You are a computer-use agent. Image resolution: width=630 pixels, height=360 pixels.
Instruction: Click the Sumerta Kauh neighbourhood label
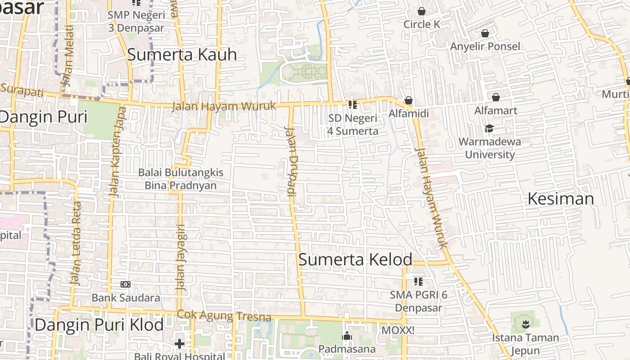pyautogui.click(x=182, y=54)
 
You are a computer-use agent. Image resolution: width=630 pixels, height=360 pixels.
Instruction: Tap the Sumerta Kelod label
pyautogui.click(x=355, y=260)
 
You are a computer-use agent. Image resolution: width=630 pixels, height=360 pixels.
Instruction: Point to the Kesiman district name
pyautogui.click(x=561, y=198)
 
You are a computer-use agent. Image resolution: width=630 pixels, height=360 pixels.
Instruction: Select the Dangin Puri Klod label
pyautogui.click(x=99, y=324)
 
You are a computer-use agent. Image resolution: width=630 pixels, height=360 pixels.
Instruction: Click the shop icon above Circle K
pyautogui.click(x=422, y=11)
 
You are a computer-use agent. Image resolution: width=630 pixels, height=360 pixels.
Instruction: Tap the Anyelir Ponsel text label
pyautogui.click(x=485, y=46)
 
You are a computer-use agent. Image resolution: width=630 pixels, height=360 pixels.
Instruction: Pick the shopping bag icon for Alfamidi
pyautogui.click(x=409, y=100)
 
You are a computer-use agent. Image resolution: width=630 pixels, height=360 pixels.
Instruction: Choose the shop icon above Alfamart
pyautogui.click(x=495, y=97)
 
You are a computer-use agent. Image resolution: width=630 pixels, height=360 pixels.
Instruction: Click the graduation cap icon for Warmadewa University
pyautogui.click(x=489, y=129)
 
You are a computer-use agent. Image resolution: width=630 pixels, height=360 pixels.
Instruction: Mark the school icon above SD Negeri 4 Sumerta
pyautogui.click(x=353, y=105)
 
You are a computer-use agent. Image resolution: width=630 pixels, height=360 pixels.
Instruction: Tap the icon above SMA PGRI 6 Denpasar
pyautogui.click(x=418, y=282)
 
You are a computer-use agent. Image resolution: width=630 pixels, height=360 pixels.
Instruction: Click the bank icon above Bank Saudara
pyautogui.click(x=126, y=284)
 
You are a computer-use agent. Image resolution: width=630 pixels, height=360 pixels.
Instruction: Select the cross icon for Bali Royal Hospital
pyautogui.click(x=180, y=344)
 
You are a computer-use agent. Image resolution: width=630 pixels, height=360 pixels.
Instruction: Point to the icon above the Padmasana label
pyautogui.click(x=346, y=336)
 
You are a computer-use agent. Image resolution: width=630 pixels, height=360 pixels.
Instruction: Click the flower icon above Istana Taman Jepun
pyautogui.click(x=525, y=324)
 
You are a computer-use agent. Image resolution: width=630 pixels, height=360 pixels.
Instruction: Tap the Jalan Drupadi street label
pyautogui.click(x=292, y=162)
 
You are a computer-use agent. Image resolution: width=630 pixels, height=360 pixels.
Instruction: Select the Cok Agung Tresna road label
pyautogui.click(x=224, y=315)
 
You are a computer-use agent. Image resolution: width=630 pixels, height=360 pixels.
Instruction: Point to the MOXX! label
pyautogui.click(x=397, y=330)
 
